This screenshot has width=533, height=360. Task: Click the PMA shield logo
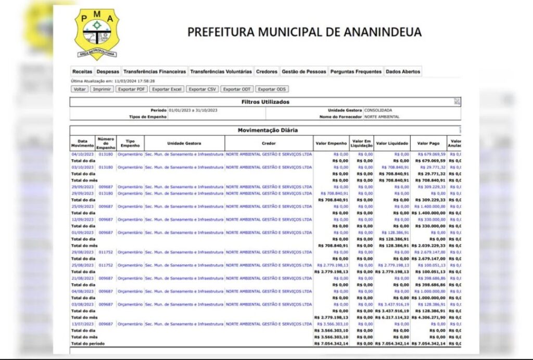tap(96, 34)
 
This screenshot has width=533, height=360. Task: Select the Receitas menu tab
tap(82, 72)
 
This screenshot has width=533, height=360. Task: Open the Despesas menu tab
tap(108, 72)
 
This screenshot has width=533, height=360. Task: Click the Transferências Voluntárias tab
tap(221, 72)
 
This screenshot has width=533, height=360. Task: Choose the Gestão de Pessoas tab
tap(303, 72)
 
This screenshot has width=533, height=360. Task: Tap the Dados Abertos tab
tap(403, 72)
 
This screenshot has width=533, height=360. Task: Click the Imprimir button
tap(102, 89)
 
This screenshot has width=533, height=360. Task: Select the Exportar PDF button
tap(131, 89)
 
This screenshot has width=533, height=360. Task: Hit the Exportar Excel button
tap(167, 89)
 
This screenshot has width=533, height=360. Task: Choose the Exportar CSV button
tap(202, 89)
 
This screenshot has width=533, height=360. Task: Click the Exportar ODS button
tap(272, 89)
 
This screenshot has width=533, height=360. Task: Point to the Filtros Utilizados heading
tap(265, 102)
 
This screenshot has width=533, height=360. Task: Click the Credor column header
tap(269, 143)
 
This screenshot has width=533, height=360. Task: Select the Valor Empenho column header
tap(331, 143)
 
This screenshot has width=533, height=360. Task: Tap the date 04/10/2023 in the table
tap(82, 155)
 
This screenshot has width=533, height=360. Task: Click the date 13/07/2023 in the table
tap(82, 324)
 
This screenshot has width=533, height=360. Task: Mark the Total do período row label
tap(87, 343)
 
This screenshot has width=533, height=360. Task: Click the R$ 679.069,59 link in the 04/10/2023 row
tap(432, 155)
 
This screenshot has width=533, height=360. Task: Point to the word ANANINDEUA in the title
tap(383, 32)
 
